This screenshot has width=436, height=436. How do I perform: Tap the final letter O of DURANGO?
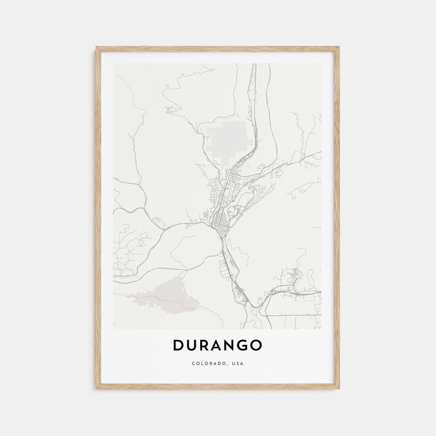[x=256, y=346]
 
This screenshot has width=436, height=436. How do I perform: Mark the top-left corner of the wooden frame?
[x=96, y=47]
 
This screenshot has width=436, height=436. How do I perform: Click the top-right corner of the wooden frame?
[x=339, y=47]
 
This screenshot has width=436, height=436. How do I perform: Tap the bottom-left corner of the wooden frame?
[x=96, y=388]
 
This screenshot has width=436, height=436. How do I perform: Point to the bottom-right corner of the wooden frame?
[x=339, y=388]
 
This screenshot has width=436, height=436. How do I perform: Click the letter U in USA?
[x=234, y=364]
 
